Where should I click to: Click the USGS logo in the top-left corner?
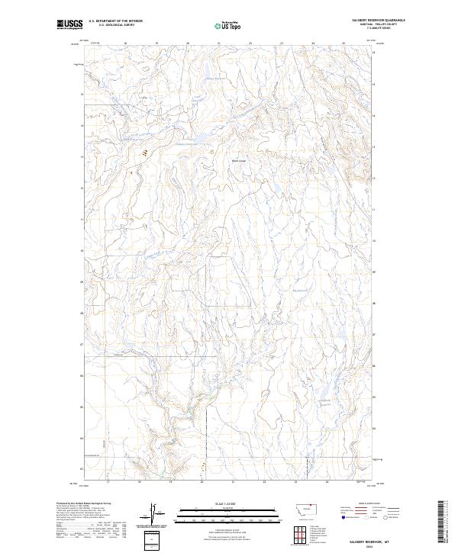(69, 25)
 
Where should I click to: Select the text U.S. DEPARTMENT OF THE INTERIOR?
(115, 21)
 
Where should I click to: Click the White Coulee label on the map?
(240, 161)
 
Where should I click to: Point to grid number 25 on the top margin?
(345, 43)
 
